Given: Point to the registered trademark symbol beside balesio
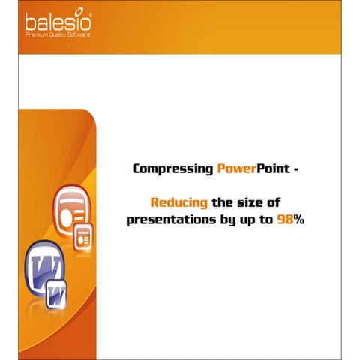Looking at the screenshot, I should click(91, 13).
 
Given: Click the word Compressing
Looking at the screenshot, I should click(172, 169).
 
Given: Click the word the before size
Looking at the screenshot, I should click(226, 202).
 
